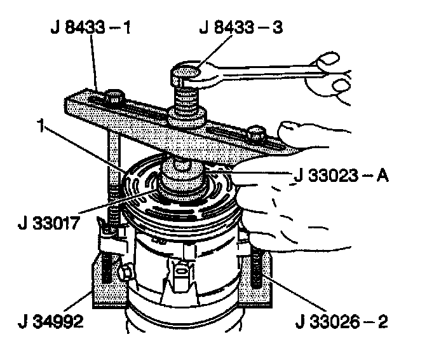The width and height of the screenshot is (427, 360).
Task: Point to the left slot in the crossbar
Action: [95, 102]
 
